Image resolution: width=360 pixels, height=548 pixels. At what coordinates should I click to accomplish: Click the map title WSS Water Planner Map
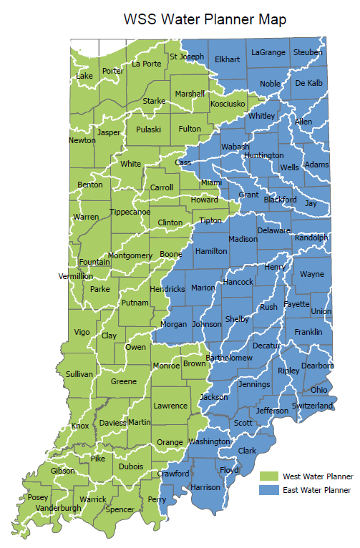click(x=205, y=19)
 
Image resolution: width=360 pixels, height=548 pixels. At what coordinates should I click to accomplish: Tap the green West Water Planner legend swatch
click(x=269, y=476)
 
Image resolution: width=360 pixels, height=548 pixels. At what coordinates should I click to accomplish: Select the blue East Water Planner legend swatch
click(x=269, y=490)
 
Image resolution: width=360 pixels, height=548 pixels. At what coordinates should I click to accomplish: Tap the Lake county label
click(x=84, y=76)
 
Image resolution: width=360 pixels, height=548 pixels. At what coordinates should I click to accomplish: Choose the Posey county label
click(x=38, y=497)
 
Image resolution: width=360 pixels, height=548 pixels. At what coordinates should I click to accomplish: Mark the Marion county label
click(x=203, y=288)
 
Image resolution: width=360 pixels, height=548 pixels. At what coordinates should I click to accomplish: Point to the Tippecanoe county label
click(x=130, y=212)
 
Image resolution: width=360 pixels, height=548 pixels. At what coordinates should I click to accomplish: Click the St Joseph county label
click(x=187, y=57)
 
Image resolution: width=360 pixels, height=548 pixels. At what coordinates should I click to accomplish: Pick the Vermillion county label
click(x=76, y=276)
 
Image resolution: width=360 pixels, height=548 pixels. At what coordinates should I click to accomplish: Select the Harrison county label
click(x=206, y=487)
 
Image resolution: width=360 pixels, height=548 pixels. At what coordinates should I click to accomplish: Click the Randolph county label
click(x=311, y=238)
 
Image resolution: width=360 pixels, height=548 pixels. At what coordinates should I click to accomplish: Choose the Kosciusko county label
click(x=228, y=104)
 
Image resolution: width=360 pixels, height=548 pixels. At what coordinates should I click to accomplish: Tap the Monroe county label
click(x=166, y=366)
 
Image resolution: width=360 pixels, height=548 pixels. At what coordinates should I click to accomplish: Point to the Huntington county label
click(x=263, y=155)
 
